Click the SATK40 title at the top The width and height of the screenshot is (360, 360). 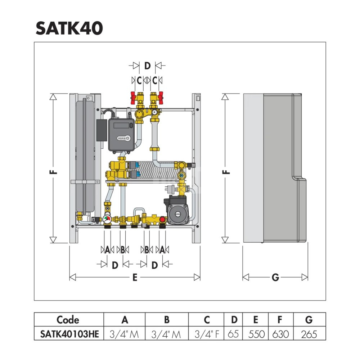pos(69,28)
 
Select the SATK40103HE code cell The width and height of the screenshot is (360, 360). pos(68,334)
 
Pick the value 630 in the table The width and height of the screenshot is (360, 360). pos(280,334)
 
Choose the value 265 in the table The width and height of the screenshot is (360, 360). pos(309,334)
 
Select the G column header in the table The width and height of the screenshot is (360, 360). pos(309,320)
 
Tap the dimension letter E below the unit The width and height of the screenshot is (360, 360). pos(135,277)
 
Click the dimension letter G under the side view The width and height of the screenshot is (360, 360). pos(275,277)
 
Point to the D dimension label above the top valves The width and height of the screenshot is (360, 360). pos(147,66)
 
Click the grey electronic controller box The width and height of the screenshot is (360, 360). pos(121,134)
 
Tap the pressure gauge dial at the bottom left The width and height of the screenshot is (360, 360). pos(107,219)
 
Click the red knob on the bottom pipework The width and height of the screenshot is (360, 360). pos(163,219)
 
